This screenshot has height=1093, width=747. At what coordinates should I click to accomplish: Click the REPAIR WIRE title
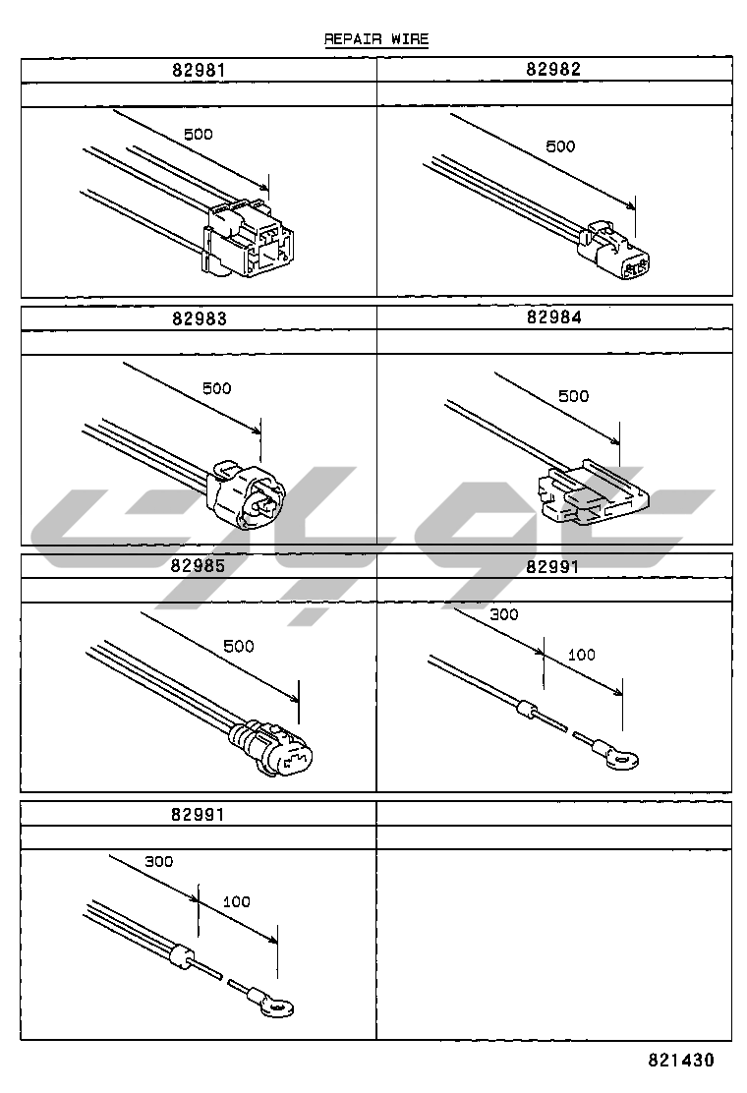(x=376, y=39)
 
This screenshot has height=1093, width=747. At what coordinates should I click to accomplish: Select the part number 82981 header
(x=198, y=70)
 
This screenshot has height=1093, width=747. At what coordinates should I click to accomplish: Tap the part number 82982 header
(x=553, y=69)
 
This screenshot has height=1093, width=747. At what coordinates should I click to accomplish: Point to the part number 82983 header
(x=198, y=318)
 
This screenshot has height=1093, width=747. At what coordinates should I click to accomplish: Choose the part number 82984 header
(x=553, y=317)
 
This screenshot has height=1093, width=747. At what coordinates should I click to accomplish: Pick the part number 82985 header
(x=198, y=566)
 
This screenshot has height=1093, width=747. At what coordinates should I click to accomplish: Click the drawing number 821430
(x=680, y=1060)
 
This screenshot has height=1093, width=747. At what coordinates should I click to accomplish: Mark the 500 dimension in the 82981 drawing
(x=198, y=135)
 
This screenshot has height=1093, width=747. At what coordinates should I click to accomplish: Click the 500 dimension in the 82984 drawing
(x=573, y=396)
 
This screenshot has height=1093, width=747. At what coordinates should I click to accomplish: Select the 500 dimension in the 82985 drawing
(x=238, y=646)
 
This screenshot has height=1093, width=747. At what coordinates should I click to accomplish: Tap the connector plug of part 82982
(x=616, y=254)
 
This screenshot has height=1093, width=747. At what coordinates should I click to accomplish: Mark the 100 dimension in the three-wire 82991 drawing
(x=236, y=901)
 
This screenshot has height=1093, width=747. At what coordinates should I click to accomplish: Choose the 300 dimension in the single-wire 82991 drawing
(x=503, y=614)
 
